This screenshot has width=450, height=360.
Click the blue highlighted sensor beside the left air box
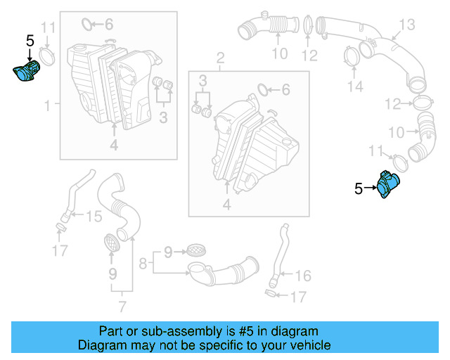coord(27,72)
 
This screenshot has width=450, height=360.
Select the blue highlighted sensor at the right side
coord(387,186)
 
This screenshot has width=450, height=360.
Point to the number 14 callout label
coord(356,86)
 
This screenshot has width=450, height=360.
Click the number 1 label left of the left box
coord(47,105)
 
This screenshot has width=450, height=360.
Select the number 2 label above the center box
coord(219,57)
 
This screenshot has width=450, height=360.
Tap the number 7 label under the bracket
coord(122,306)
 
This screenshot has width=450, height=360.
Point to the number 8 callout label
coord(143,264)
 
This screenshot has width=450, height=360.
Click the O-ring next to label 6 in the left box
coord(88,25)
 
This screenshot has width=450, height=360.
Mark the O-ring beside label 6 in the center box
coord(263,89)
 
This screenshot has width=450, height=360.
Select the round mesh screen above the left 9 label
coord(112,242)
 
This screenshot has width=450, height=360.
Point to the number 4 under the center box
coord(226,205)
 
